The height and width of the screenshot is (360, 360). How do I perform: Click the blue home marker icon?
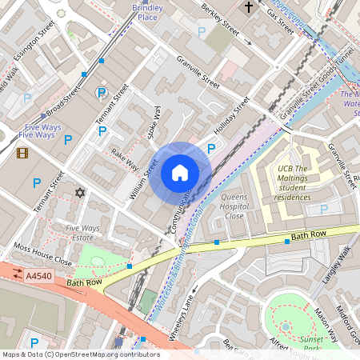[x=180, y=172]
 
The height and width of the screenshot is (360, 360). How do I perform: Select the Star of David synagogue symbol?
[x=79, y=193]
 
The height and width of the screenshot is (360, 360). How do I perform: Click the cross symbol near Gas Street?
[x=248, y=8]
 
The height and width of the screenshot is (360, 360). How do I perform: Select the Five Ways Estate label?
[x=82, y=233]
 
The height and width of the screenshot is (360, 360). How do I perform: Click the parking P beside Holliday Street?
[x=211, y=148]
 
